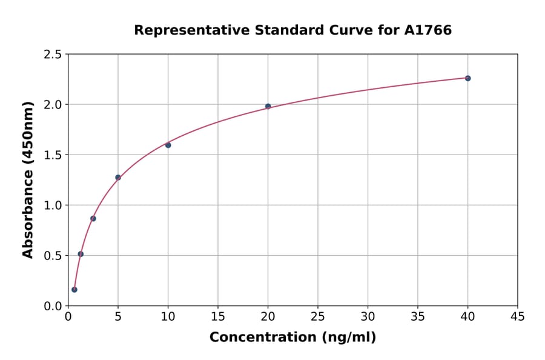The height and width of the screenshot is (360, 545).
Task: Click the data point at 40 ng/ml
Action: tap(467, 78)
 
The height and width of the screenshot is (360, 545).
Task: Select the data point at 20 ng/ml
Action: tap(268, 107)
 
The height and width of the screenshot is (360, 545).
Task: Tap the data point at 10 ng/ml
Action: tap(168, 145)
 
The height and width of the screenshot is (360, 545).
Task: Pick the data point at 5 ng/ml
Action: tap(118, 178)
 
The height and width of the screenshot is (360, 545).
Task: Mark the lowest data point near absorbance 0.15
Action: tap(74, 290)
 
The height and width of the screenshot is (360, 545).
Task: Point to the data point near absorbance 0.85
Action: tap(93, 218)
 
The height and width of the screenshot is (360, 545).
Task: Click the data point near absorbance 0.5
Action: tap(81, 254)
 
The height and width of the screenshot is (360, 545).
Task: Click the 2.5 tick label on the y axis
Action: tap(53, 55)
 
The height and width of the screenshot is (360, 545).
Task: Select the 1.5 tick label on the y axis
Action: tap(53, 155)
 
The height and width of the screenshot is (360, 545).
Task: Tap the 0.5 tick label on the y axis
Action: tap(53, 256)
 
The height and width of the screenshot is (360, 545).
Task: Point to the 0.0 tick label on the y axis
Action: tap(53, 306)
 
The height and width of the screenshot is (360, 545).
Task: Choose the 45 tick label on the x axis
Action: tap(517, 316)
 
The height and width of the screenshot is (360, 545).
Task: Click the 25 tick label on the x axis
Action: tap(317, 316)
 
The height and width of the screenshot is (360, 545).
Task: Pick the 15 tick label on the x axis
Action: tap(217, 316)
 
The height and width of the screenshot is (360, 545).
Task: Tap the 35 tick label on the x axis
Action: tap(417, 316)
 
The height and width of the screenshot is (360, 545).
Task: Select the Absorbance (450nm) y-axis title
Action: tap(28, 179)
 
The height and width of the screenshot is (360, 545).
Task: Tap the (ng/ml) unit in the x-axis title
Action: tap(348, 338)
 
